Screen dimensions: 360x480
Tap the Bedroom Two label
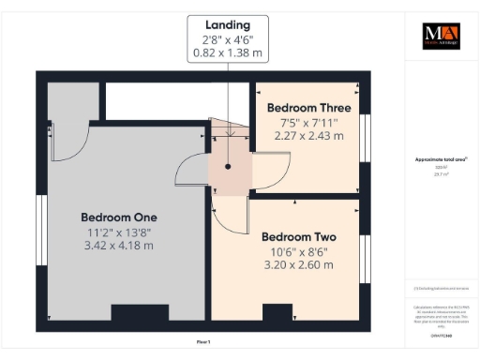298,236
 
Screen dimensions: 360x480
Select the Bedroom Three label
308,106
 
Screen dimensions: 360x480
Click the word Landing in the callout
227,24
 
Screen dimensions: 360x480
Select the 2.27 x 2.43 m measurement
308,135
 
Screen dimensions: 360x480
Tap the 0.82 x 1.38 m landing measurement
227,54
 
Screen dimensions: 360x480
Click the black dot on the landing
228,167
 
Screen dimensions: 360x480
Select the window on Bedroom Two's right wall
367,257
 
